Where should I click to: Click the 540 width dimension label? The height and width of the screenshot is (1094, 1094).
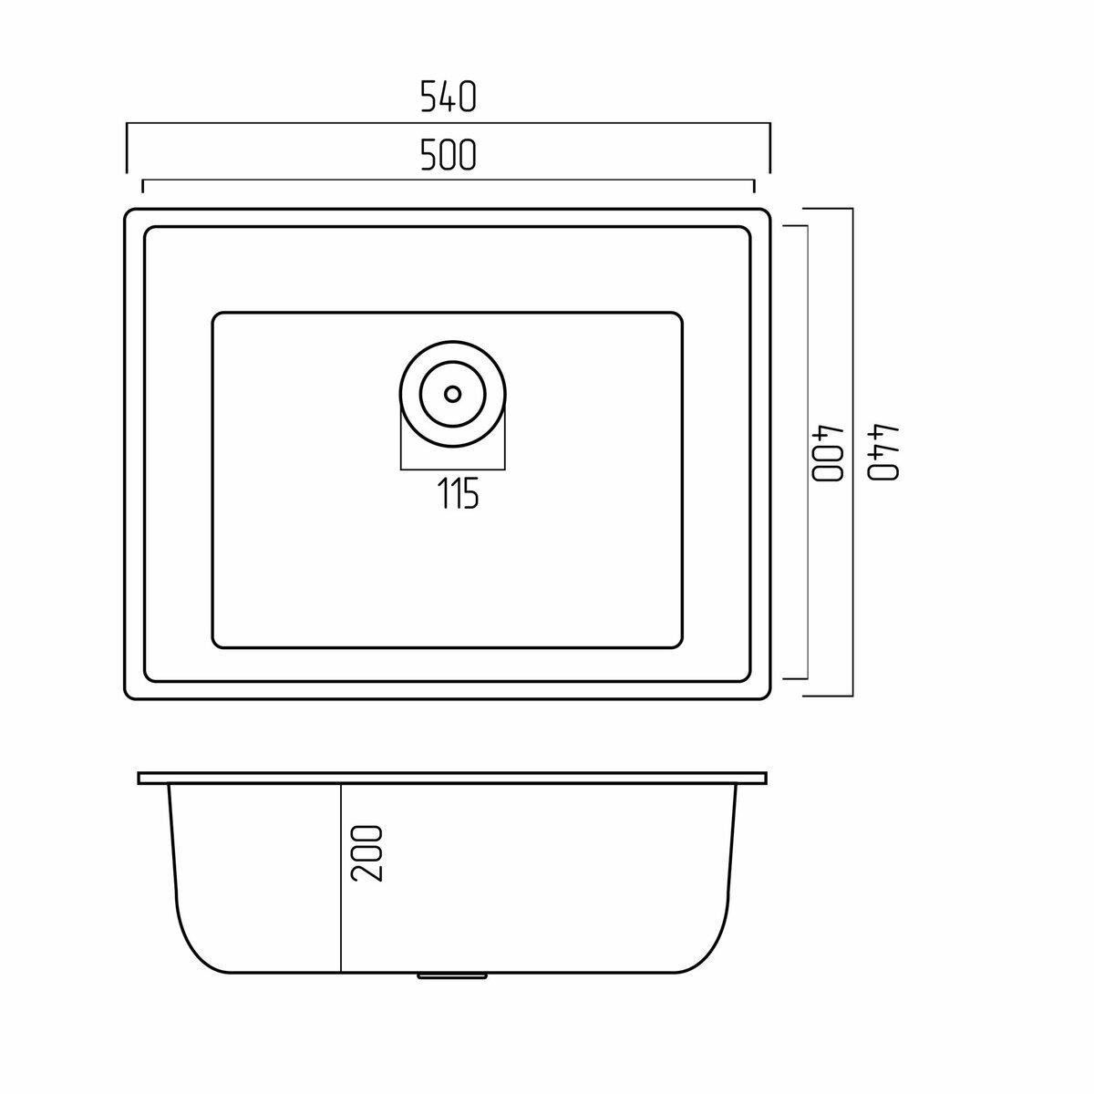coord(448,97)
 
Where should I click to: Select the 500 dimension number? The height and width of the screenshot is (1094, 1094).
coord(448,156)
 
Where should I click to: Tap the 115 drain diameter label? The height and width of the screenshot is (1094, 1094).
coord(458,493)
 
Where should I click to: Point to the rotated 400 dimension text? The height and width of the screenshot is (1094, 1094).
coord(829,451)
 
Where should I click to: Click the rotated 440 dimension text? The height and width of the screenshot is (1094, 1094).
coord(884,451)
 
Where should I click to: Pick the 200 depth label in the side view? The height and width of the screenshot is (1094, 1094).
coord(366,853)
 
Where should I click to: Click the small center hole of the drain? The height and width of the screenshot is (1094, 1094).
coord(452,394)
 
